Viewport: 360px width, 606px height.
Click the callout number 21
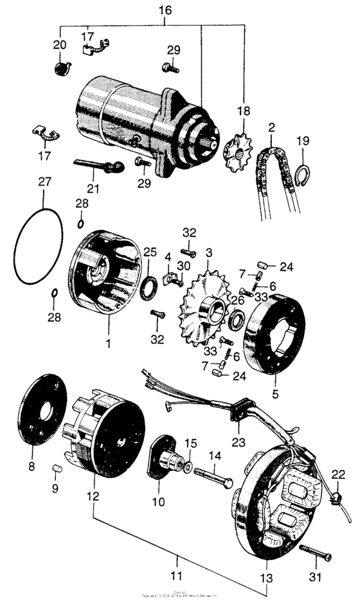(94, 189)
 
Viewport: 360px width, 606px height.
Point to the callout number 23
(239, 441)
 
